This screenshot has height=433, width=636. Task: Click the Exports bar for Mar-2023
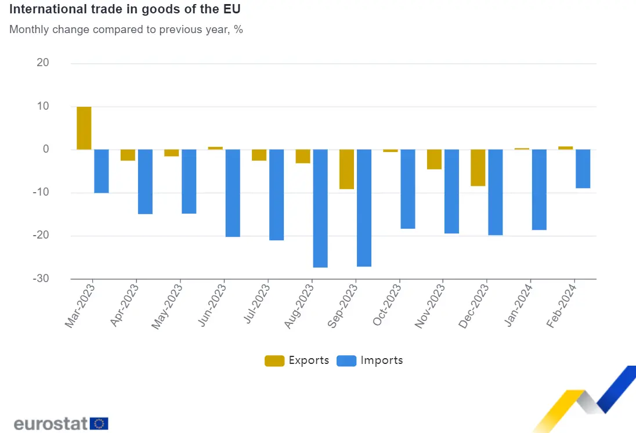click(x=84, y=128)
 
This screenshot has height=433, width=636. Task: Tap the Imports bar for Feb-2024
click(x=583, y=168)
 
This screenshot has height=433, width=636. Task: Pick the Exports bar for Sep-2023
click(x=346, y=169)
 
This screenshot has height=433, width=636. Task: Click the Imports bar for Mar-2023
click(x=102, y=171)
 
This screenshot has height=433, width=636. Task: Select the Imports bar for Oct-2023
click(x=408, y=189)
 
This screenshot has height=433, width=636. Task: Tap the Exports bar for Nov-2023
click(x=434, y=159)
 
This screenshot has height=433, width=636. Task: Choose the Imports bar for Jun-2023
click(x=233, y=193)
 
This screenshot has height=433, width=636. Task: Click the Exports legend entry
click(x=297, y=360)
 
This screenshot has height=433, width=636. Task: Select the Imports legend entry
click(x=369, y=360)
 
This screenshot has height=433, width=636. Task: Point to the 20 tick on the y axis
click(x=43, y=63)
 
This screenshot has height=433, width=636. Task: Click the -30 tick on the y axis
click(x=40, y=279)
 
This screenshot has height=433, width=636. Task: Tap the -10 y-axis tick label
click(x=40, y=193)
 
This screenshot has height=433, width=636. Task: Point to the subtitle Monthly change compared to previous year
click(x=126, y=30)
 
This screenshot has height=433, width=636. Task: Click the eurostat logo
click(x=60, y=423)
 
